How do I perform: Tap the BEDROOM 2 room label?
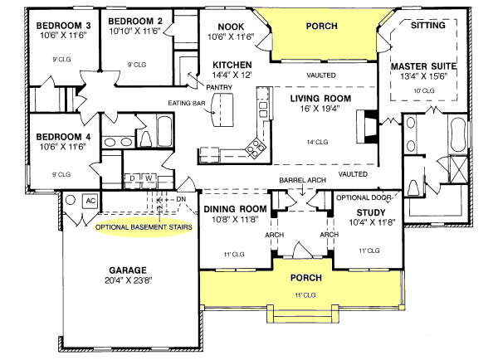(x=134, y=21)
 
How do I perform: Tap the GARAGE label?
(x=126, y=270)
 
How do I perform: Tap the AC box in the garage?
(x=91, y=202)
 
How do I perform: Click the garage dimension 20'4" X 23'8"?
(x=126, y=282)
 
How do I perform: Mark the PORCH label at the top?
(x=321, y=26)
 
